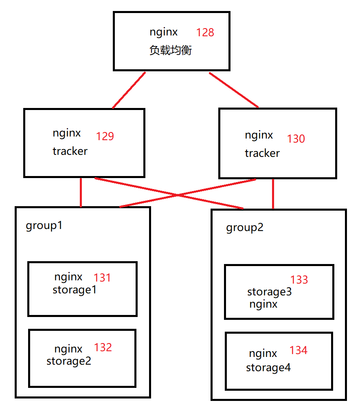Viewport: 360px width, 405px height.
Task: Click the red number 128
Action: click(205, 33)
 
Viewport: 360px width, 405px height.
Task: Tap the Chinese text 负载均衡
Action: click(170, 51)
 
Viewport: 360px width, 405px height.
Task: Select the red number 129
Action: click(105, 136)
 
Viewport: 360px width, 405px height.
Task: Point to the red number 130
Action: click(296, 139)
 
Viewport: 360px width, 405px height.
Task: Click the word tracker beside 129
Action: click(70, 151)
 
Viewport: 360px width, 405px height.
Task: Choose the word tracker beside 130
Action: click(262, 153)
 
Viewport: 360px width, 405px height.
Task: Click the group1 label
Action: click(44, 225)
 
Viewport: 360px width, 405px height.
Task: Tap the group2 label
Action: click(245, 227)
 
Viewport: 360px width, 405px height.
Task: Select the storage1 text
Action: click(75, 290)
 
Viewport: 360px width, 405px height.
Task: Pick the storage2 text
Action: click(69, 361)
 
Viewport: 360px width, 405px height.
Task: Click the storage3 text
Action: click(269, 292)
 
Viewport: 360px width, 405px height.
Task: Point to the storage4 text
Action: click(268, 368)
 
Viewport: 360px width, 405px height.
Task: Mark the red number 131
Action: click(102, 278)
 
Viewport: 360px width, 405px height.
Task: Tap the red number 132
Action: click(103, 348)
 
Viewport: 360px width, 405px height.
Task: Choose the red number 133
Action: click(299, 280)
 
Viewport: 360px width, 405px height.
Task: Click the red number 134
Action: click(299, 350)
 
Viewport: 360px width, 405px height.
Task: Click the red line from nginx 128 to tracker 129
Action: click(129, 90)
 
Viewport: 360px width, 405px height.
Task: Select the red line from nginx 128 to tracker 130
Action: click(234, 90)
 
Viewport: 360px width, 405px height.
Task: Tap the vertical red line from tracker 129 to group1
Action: click(81, 192)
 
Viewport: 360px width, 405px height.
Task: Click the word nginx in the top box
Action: click(164, 32)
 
